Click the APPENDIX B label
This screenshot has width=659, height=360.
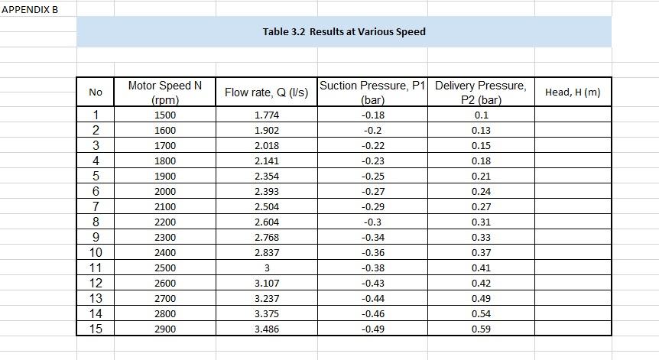[x=29, y=8]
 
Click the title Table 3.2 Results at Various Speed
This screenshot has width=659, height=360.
[x=344, y=31]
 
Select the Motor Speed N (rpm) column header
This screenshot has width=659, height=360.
[x=164, y=92]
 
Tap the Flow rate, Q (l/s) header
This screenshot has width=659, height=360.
[x=266, y=92]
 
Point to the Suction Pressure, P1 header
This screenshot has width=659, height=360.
[x=372, y=92]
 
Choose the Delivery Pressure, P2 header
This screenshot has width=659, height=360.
[x=481, y=92]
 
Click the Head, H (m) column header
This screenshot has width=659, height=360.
[x=573, y=92]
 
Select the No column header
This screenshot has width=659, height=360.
[x=96, y=92]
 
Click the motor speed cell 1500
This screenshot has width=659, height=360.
[x=164, y=115]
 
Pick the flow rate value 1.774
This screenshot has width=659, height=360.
[x=266, y=115]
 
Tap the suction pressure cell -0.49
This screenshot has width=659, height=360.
[x=372, y=329]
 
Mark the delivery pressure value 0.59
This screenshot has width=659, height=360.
[x=481, y=329]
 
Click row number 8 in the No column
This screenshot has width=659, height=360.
[x=96, y=222]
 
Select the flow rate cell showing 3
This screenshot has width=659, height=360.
[x=266, y=268]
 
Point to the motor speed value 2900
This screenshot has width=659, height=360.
[x=164, y=329]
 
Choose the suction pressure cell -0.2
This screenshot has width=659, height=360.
[x=372, y=131]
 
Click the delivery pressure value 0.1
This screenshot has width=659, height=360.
[x=481, y=115]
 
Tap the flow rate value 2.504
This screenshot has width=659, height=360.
[x=266, y=207]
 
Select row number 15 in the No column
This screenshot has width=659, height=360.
[x=96, y=329]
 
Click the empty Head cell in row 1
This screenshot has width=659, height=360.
[x=573, y=115]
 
